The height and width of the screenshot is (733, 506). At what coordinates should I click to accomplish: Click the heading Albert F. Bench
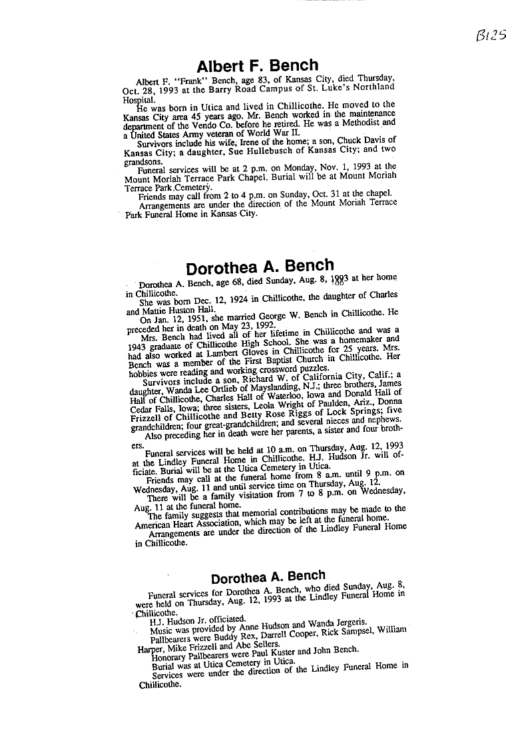click(257, 66)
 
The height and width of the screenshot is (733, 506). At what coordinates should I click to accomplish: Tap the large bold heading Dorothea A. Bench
click(260, 267)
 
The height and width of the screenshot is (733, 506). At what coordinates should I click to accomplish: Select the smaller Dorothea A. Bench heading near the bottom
click(268, 576)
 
